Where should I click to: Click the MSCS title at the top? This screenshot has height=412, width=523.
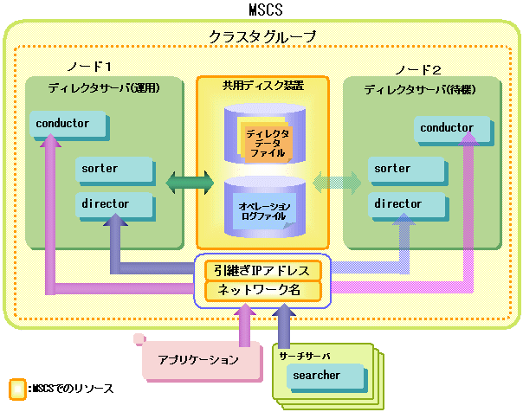266,10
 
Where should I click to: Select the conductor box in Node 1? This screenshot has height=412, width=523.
70,126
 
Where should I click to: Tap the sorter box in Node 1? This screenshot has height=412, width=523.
115,171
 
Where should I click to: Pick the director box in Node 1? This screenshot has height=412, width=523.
115,206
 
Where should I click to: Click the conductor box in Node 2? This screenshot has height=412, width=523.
454,131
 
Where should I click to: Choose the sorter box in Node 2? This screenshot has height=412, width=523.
408,171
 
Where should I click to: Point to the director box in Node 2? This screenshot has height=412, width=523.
408,206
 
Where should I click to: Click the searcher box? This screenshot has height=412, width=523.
327,378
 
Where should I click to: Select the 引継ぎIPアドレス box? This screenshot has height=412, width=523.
263,270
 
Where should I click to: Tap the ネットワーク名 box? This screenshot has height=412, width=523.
263,291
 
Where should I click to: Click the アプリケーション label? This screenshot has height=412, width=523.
198,360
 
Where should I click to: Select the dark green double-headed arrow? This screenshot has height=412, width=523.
190,183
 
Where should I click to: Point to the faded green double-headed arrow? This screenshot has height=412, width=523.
337,183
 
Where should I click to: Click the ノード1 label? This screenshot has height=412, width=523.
89,67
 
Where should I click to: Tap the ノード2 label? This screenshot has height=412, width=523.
418,70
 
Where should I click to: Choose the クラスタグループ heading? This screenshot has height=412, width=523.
262,36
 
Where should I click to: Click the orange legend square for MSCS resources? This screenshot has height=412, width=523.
17,389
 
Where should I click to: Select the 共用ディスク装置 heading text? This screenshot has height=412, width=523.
263,86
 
